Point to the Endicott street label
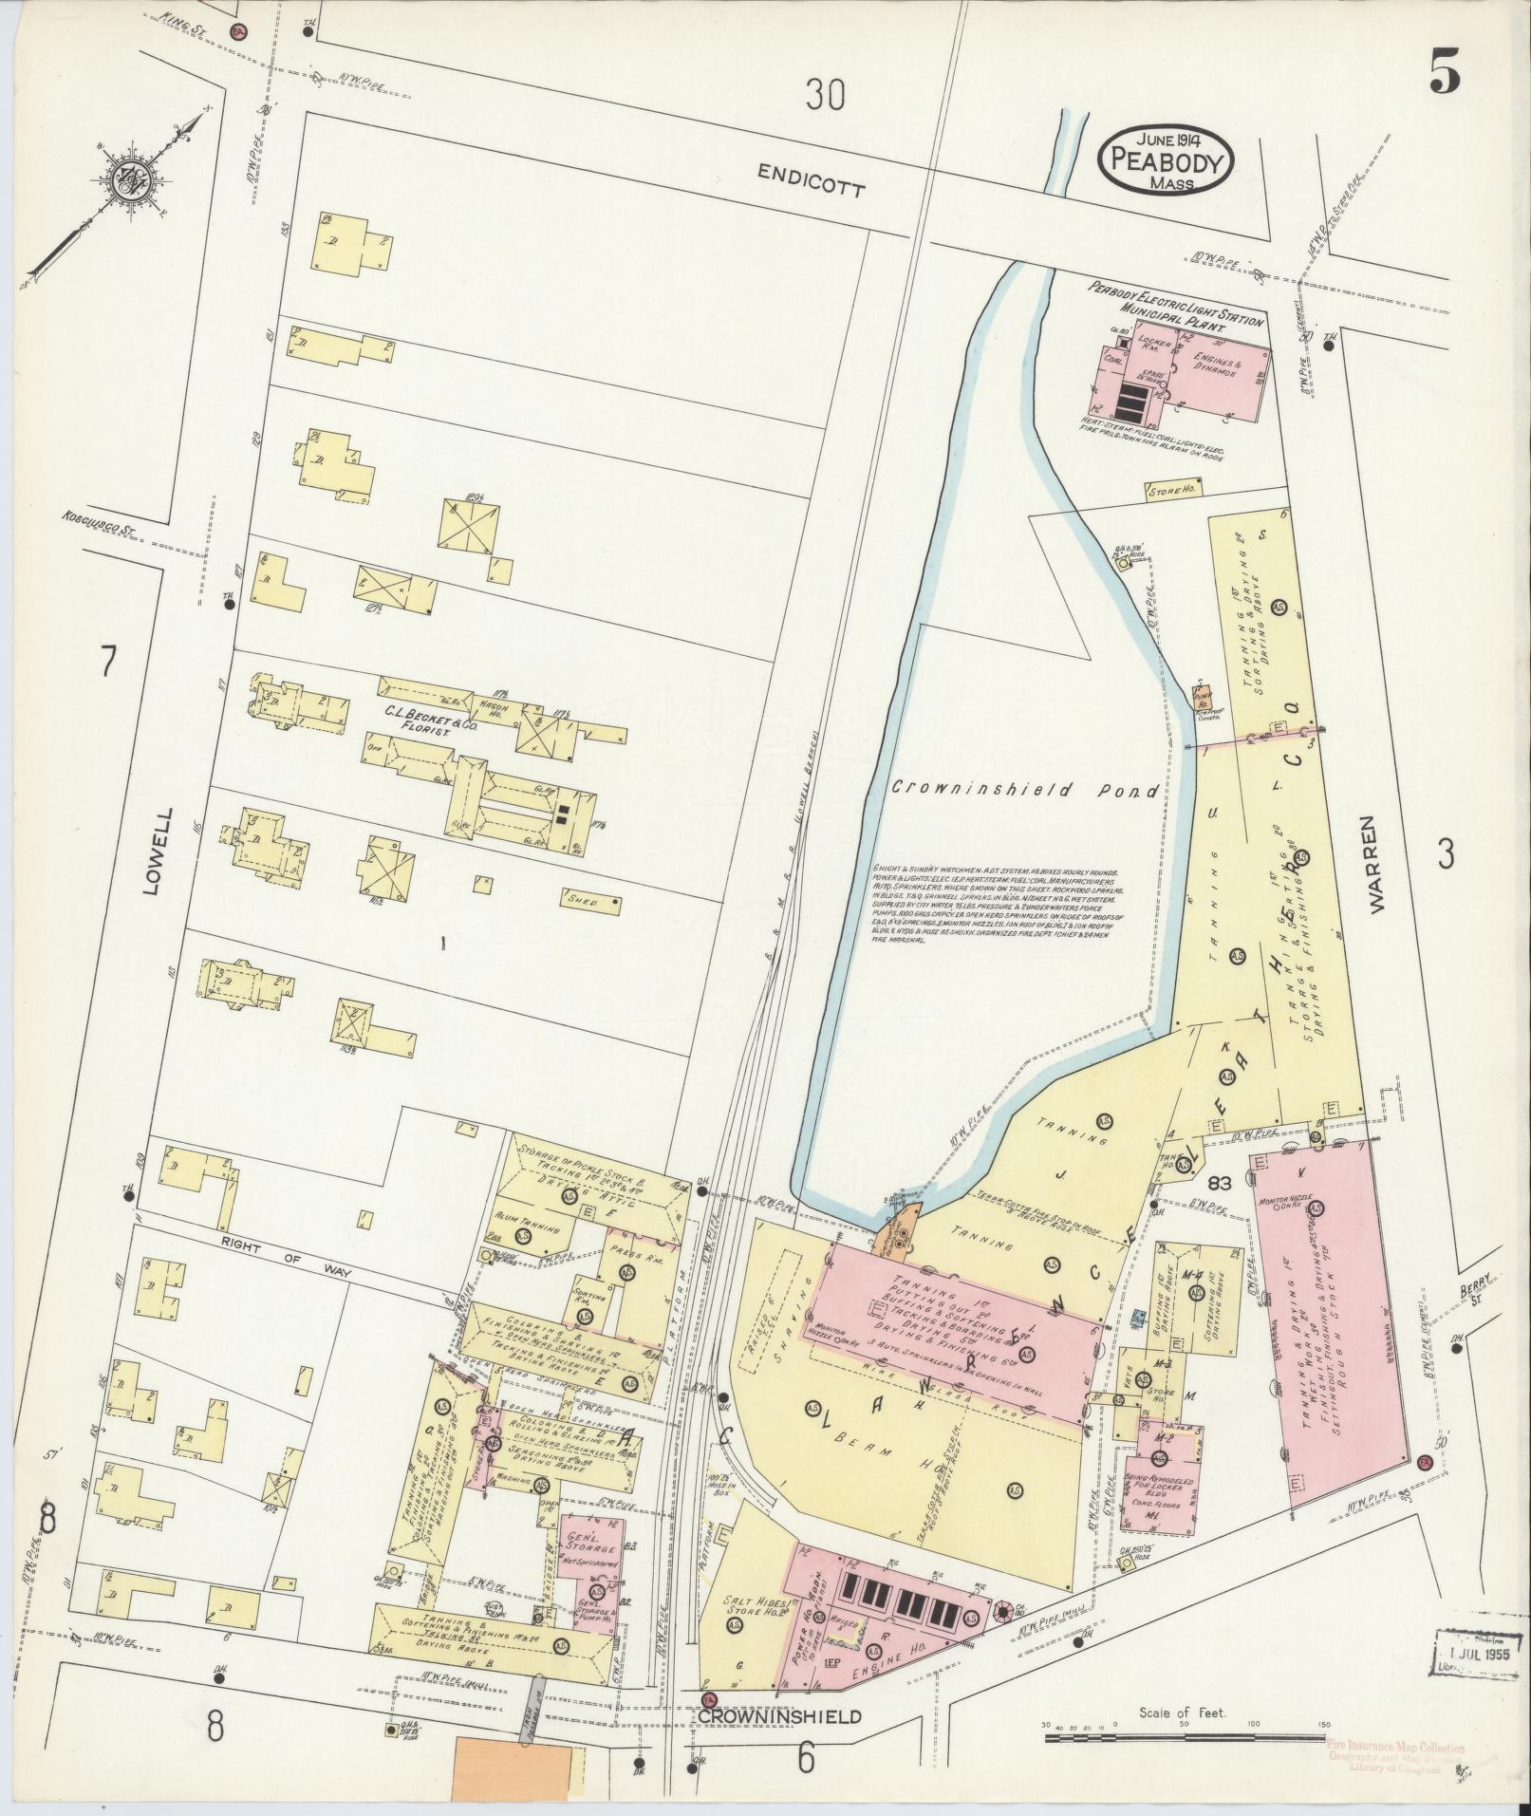tap(812, 179)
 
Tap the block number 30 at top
tap(825, 95)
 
